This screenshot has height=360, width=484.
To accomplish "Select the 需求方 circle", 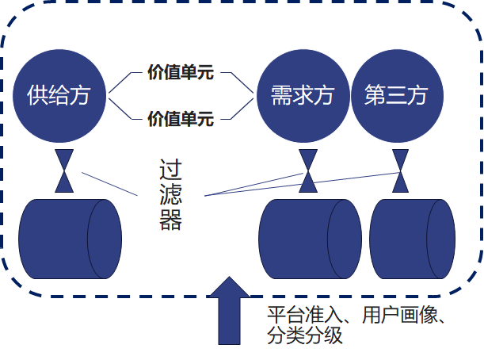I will click(303, 97).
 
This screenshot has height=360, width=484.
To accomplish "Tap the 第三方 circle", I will click(396, 97).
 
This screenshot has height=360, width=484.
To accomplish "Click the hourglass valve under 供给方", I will click(63, 170).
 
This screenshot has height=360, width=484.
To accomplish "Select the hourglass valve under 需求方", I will click(307, 170).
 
